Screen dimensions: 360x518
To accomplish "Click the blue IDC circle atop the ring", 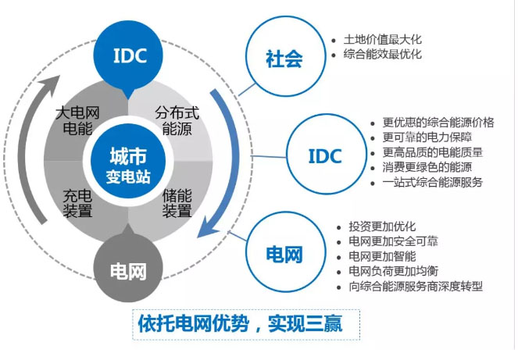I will (x=131, y=54).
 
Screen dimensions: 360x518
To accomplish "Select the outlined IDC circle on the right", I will (x=324, y=155).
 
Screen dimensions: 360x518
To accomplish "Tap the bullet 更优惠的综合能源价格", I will (x=437, y=123).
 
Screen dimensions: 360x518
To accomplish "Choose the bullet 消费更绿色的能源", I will (x=426, y=167).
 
